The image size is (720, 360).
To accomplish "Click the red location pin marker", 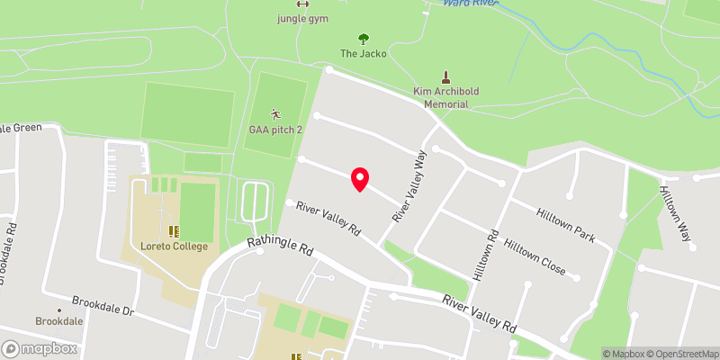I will (x=360, y=179).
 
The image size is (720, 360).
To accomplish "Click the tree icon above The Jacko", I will (x=364, y=39).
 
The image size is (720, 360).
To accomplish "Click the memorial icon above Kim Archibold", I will (x=444, y=76).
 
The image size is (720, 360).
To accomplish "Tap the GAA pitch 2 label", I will (x=275, y=130).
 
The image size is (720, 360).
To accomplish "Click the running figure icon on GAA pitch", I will (x=275, y=114).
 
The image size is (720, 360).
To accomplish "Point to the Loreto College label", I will (x=175, y=247).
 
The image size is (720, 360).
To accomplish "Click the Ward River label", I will (x=470, y=4).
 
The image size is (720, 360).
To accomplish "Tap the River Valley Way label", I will (x=408, y=186).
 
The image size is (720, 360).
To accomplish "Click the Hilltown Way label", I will (x=677, y=214).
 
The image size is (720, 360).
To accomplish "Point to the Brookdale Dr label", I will (x=103, y=305).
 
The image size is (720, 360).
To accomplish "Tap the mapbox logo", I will (x=40, y=348).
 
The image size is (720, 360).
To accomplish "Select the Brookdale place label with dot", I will (x=59, y=320).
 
